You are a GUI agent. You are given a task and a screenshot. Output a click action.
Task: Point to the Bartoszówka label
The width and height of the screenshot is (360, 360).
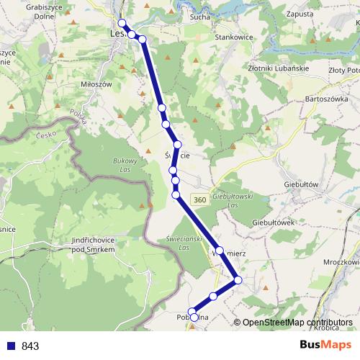pos(328,98)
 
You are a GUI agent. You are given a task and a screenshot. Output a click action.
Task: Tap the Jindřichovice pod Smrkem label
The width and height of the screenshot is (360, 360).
pos(90,245)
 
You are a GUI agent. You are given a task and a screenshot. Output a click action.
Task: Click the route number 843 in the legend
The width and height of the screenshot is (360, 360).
pos(30,346)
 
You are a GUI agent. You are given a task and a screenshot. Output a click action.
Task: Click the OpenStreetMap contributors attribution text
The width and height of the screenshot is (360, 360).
pos(297,323)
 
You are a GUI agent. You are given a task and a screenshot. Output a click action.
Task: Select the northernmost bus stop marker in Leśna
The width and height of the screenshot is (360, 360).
pos(122,22)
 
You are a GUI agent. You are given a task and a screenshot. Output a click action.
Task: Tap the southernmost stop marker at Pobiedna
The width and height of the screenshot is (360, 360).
pos(194,318)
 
